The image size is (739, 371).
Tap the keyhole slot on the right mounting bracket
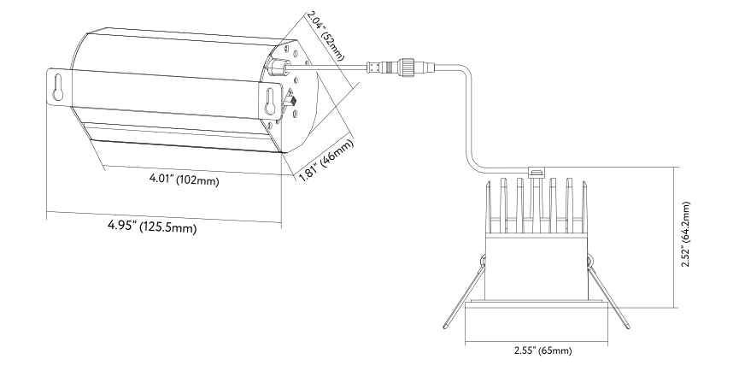[271, 101]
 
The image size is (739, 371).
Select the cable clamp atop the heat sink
[537, 173]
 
